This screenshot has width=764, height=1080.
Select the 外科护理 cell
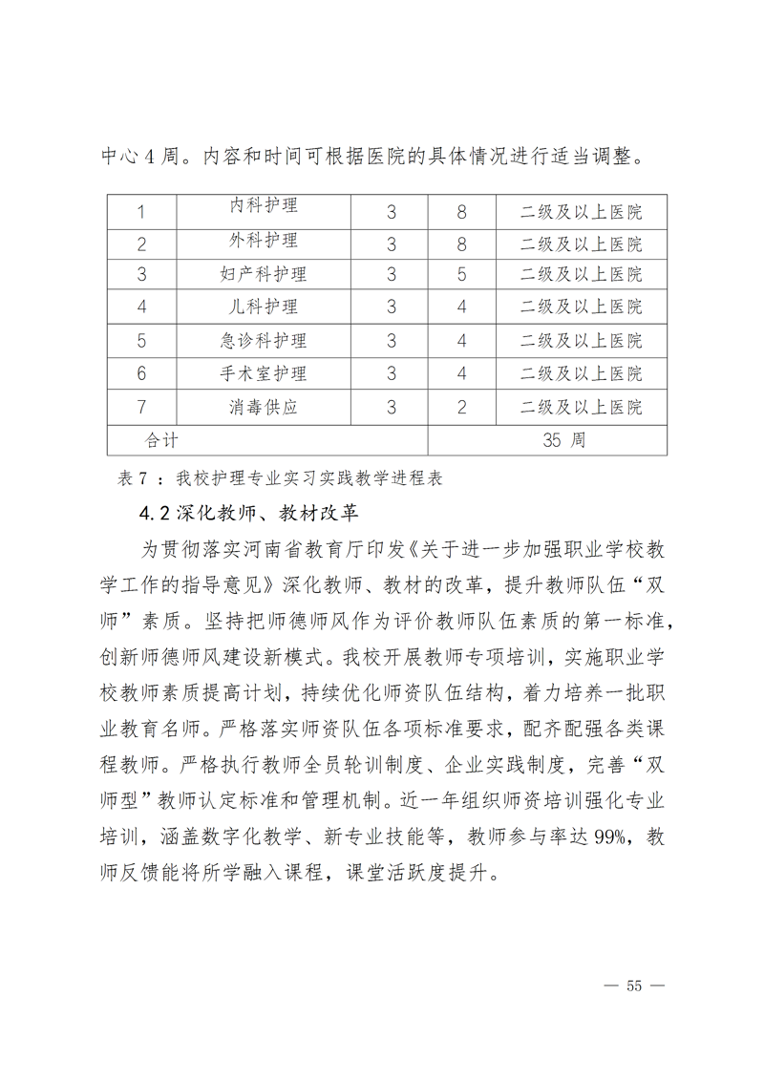(x=265, y=242)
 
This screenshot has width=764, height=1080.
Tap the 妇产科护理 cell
(x=265, y=274)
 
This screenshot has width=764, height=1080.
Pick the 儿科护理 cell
(x=265, y=307)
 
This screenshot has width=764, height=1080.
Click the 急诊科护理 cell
(x=265, y=340)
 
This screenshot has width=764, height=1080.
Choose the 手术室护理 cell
(x=265, y=372)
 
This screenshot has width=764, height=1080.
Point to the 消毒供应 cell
(x=265, y=406)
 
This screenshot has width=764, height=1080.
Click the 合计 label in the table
(x=161, y=439)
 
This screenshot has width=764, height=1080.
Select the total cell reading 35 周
(x=562, y=439)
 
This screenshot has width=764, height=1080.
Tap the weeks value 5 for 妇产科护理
(x=461, y=274)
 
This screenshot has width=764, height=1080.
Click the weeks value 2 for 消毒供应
(x=461, y=406)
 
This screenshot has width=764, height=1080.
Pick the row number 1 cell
(x=141, y=210)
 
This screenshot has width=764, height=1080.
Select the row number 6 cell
(x=141, y=372)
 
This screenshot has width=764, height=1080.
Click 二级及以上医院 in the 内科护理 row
(x=581, y=210)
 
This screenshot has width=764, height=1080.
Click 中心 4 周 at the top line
(x=142, y=156)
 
